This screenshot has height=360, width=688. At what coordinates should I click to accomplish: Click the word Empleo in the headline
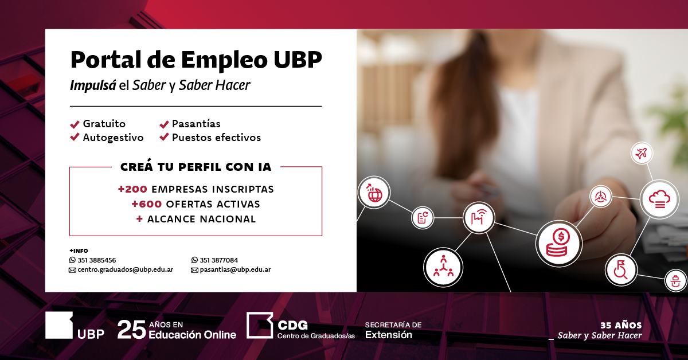click(224, 60)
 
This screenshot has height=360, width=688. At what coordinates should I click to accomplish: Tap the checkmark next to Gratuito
click(75, 124)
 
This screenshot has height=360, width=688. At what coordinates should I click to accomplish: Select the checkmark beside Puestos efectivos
click(164, 137)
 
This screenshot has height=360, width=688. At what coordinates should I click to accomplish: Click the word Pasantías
click(196, 123)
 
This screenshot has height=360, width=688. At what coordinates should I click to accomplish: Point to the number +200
click(132, 189)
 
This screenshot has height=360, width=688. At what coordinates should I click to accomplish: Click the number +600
click(147, 204)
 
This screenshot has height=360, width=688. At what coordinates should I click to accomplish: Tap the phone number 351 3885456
click(97, 260)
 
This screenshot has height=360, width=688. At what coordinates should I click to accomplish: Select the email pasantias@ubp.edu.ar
click(235, 269)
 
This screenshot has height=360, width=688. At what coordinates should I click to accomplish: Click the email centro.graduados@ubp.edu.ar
click(126, 269)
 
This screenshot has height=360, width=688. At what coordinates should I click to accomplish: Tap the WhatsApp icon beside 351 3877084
click(194, 260)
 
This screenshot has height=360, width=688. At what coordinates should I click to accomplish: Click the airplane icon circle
click(642, 153)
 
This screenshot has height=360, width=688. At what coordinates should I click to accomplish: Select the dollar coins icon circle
click(559, 243)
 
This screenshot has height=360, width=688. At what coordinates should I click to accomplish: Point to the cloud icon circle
click(659, 199)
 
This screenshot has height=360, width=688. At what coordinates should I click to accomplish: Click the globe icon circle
click(374, 193)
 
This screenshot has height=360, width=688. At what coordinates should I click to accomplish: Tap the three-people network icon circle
click(443, 267)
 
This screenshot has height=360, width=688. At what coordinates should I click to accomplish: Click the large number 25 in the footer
click(131, 330)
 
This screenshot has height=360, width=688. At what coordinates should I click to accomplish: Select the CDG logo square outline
click(260, 325)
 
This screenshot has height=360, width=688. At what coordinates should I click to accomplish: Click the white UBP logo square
click(59, 325)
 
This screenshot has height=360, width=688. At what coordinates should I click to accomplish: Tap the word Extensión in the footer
click(389, 335)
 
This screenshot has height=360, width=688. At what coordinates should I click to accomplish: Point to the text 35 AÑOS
click(621, 325)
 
